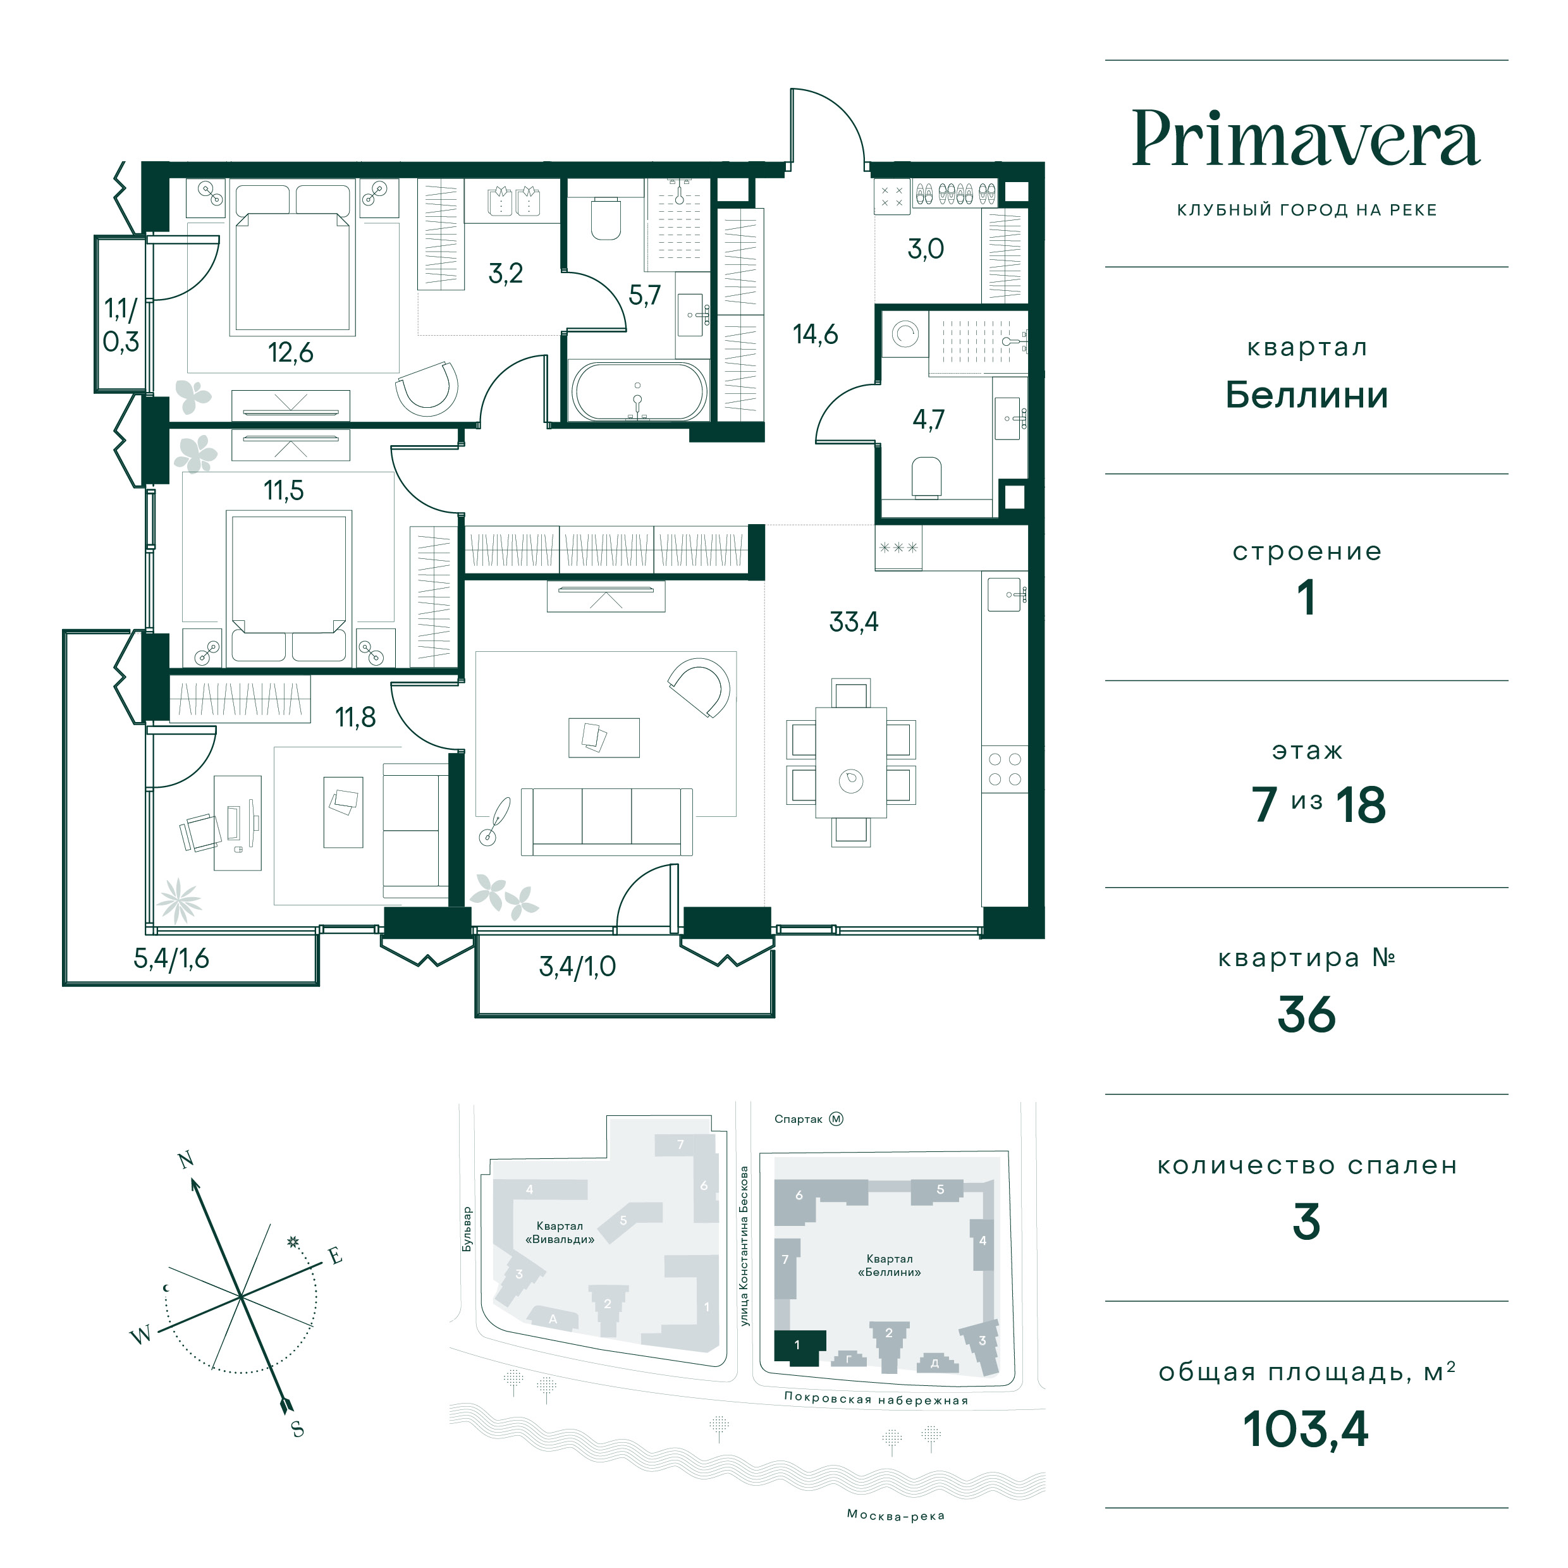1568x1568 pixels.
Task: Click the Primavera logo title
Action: pos(1306,140)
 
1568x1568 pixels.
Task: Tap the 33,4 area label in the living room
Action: pos(854,622)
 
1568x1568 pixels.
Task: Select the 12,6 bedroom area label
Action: pos(291,353)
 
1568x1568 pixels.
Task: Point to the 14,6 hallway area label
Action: pos(815,334)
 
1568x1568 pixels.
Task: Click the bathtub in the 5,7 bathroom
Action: pos(639,391)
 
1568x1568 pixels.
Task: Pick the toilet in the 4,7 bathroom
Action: pos(926,476)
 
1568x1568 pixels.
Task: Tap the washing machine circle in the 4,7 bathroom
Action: pos(905,334)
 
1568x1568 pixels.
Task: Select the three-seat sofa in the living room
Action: pos(607,821)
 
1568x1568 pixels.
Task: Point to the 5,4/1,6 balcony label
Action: pos(171,959)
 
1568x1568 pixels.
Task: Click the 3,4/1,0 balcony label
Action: pos(577,966)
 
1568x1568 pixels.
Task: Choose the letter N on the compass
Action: pos(186,1160)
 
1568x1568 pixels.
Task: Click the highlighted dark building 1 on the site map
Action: pos(799,1348)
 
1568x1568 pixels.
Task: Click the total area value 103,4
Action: pos(1306,1428)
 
